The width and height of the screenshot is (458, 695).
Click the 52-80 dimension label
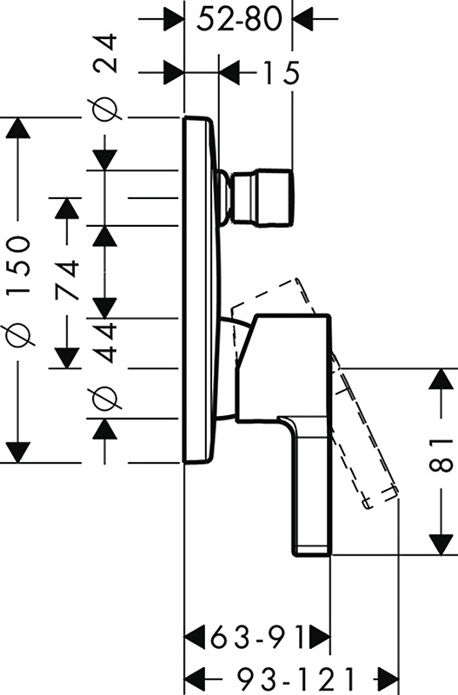point(238,19)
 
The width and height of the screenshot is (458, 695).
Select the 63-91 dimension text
point(257,638)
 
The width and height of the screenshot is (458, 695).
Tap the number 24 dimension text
point(106,54)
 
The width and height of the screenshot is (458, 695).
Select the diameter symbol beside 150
point(18,335)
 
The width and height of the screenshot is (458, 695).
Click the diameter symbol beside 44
point(105,397)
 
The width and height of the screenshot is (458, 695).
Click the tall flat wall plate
point(200,290)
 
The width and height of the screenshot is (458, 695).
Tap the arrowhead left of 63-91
point(195,638)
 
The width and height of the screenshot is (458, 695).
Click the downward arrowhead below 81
point(441,545)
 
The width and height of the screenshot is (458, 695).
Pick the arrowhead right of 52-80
point(303,19)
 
